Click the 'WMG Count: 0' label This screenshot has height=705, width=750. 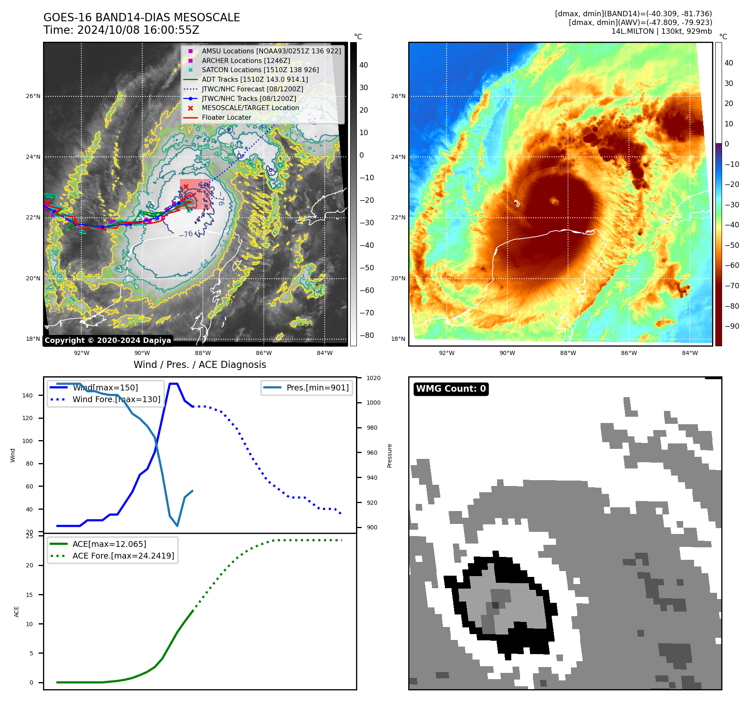tap(451, 389)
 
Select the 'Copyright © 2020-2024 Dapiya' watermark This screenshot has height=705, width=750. tap(108, 340)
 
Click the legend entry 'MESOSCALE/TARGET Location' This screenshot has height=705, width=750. tap(250, 108)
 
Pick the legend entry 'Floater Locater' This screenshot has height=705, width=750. tap(226, 118)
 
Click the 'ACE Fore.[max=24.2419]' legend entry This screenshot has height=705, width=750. tap(123, 556)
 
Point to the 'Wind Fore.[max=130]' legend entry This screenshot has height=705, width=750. tap(116, 399)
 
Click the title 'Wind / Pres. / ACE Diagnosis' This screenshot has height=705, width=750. tap(199, 365)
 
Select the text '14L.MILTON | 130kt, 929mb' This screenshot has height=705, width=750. tap(662, 31)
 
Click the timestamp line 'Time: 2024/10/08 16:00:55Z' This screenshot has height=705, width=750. tap(121, 30)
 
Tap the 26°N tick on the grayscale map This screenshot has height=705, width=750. tap(33, 96)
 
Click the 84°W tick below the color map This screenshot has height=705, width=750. tap(689, 353)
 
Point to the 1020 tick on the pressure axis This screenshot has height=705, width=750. tap(374, 378)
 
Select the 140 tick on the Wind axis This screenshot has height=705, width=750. tap(28, 395)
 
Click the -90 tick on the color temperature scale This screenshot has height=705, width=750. tap(732, 326)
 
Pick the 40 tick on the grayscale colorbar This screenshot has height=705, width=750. tap(364, 65)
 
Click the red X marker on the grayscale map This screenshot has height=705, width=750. tap(186, 186)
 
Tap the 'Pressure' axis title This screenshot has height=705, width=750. tap(389, 456)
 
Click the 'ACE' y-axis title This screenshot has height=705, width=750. tap(17, 612)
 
